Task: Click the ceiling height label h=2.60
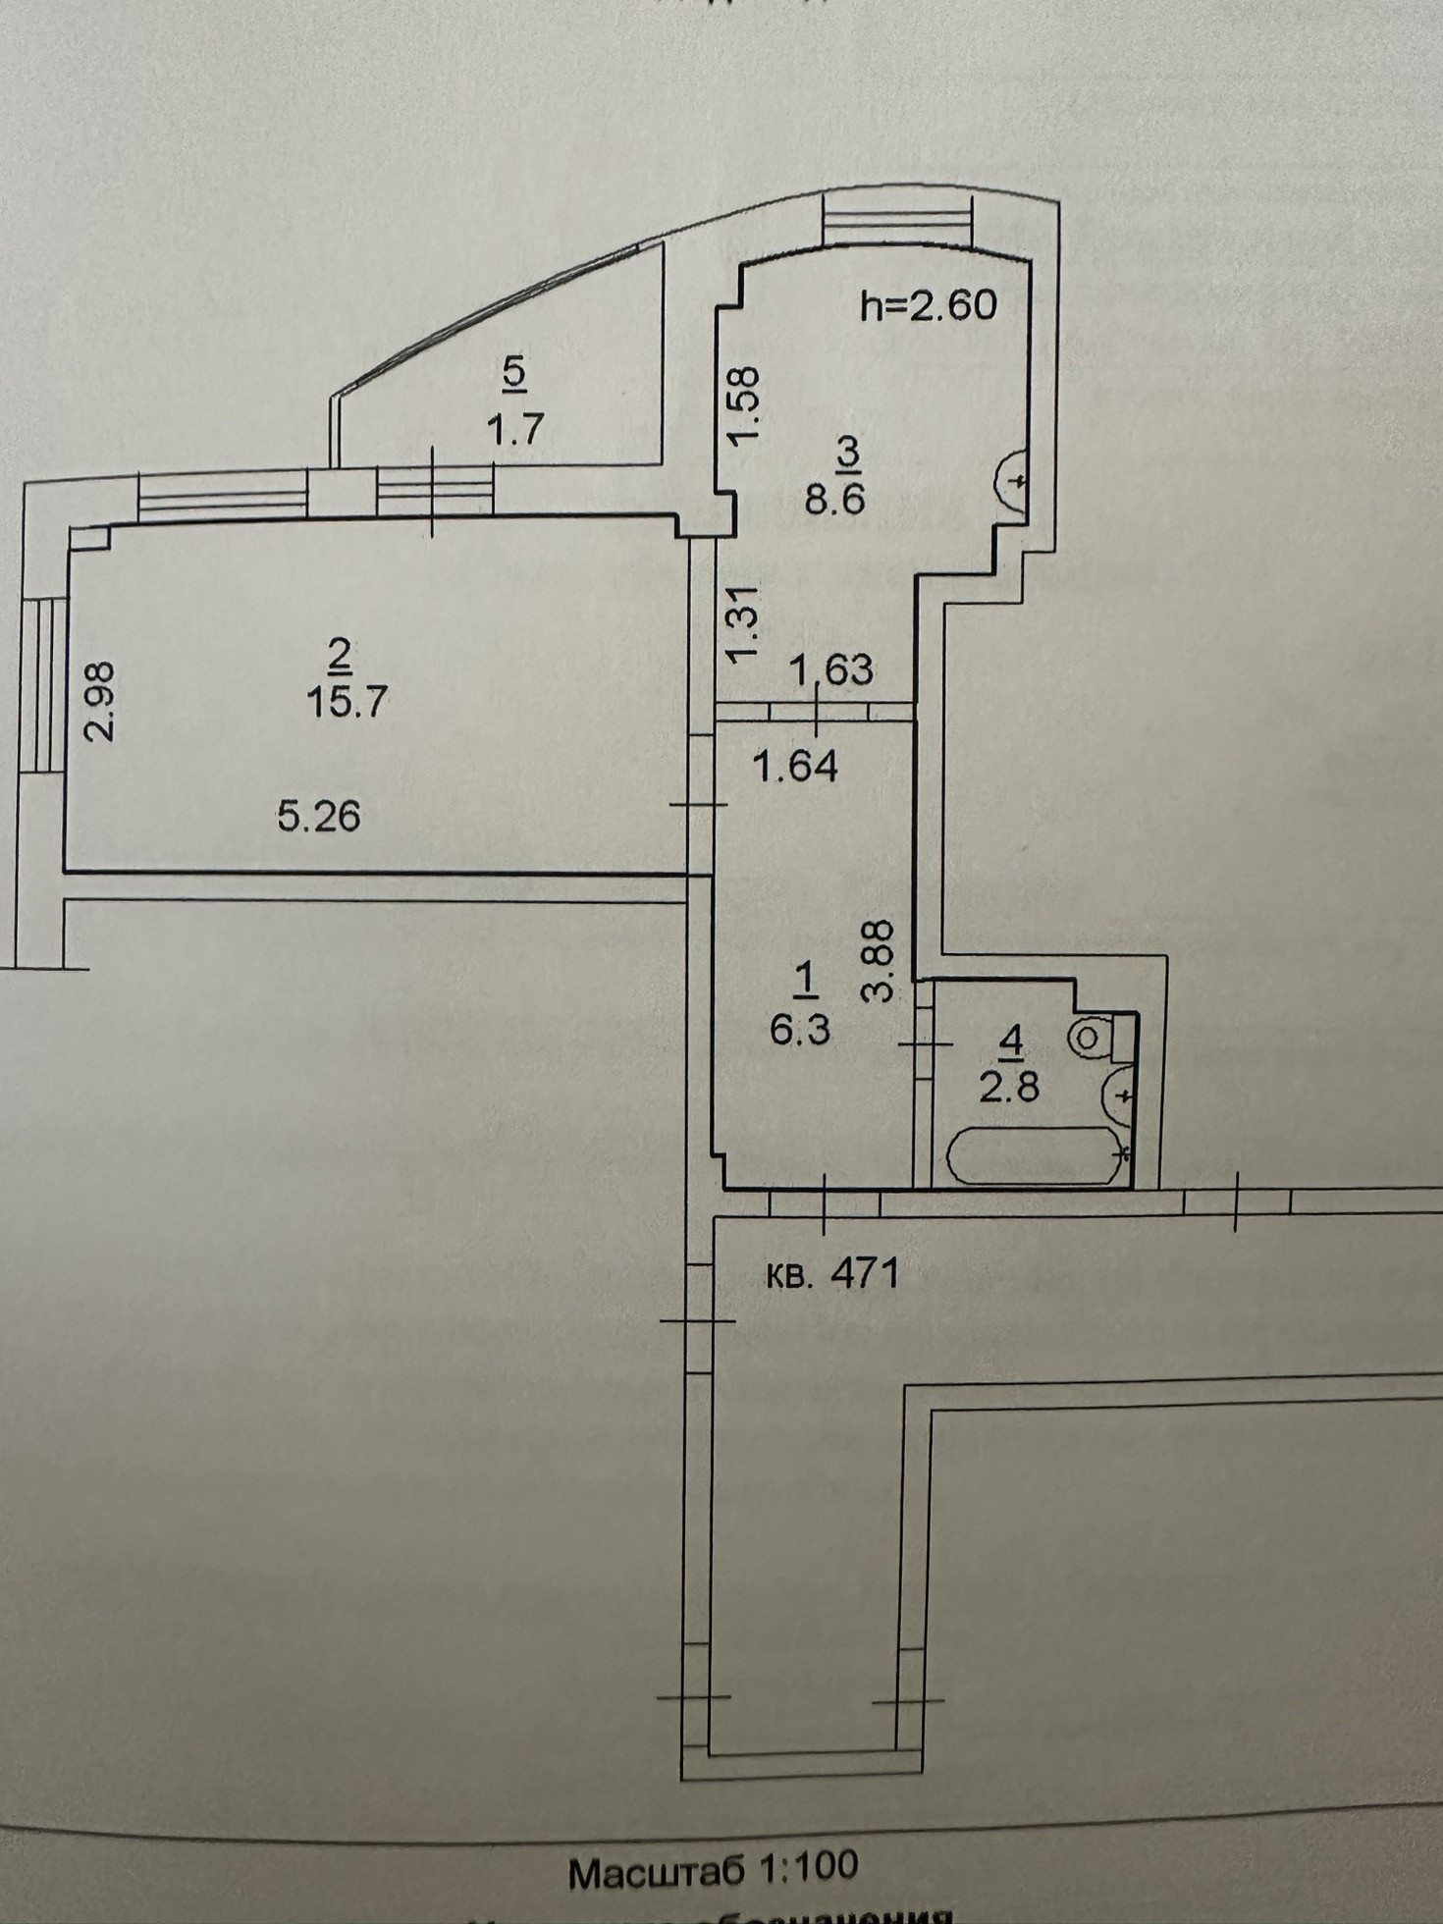coord(928,305)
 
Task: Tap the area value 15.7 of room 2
coord(348,703)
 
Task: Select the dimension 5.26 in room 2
coord(318,815)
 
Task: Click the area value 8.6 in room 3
coord(834,500)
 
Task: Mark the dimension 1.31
coord(746,623)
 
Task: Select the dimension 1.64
coord(795,766)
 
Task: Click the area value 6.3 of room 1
coord(800,1031)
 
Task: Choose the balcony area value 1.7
coord(515,430)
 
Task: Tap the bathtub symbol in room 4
coord(1036,1154)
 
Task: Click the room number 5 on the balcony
coord(515,372)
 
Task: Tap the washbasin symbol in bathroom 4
coord(1118,1094)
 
